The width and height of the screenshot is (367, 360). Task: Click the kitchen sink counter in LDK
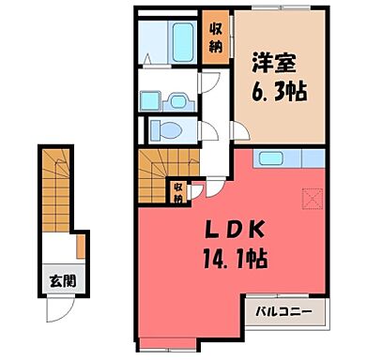click(x=282, y=158)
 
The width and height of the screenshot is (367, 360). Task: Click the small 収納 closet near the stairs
click(x=177, y=192)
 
